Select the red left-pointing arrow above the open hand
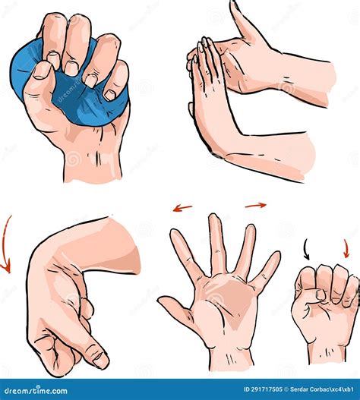[x=182, y=207]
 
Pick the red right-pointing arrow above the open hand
[x=256, y=205]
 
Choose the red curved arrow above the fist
[x=346, y=248]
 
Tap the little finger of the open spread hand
[x=268, y=269]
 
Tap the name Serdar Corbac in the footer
[x=312, y=389]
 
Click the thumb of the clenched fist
[x=312, y=297]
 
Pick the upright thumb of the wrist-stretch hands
[x=242, y=19]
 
